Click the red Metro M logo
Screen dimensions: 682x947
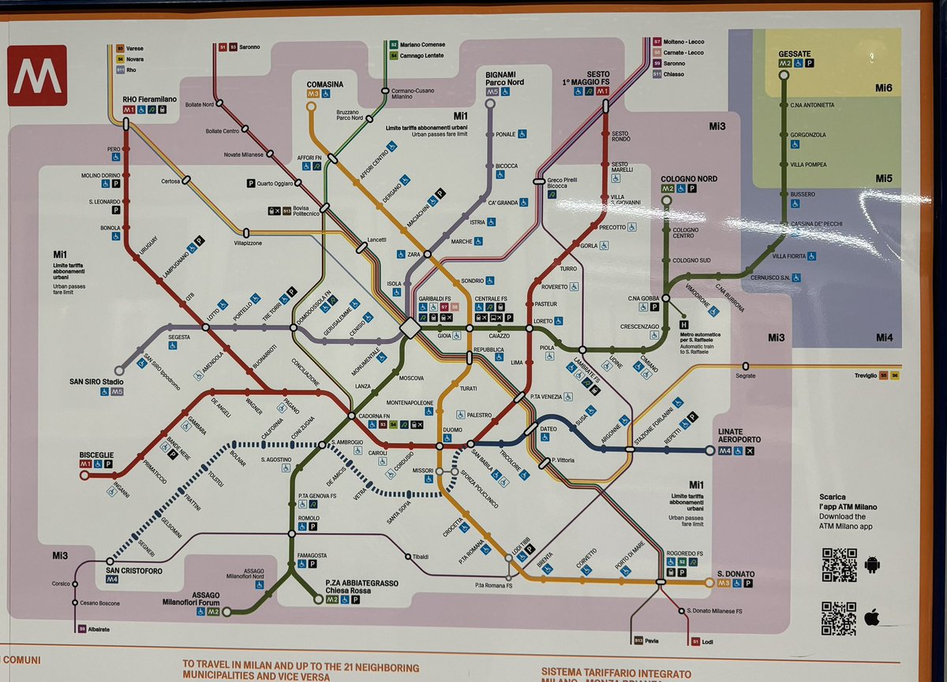coord(37,75)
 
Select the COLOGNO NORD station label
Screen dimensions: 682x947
coord(688,179)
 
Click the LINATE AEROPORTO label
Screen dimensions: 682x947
coord(739,435)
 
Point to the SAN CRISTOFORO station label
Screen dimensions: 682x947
coord(132,570)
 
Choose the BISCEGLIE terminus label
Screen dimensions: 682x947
coord(97,456)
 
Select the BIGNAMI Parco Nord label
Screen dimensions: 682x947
coord(504,78)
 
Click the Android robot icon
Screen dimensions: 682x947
coord(872,565)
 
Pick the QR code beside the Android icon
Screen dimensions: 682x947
coord(839,565)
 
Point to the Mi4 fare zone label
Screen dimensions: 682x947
coord(884,337)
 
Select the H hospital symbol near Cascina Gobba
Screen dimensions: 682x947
coord(683,324)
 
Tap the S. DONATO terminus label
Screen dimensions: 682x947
coord(735,573)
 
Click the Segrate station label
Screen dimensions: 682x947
coord(745,376)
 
